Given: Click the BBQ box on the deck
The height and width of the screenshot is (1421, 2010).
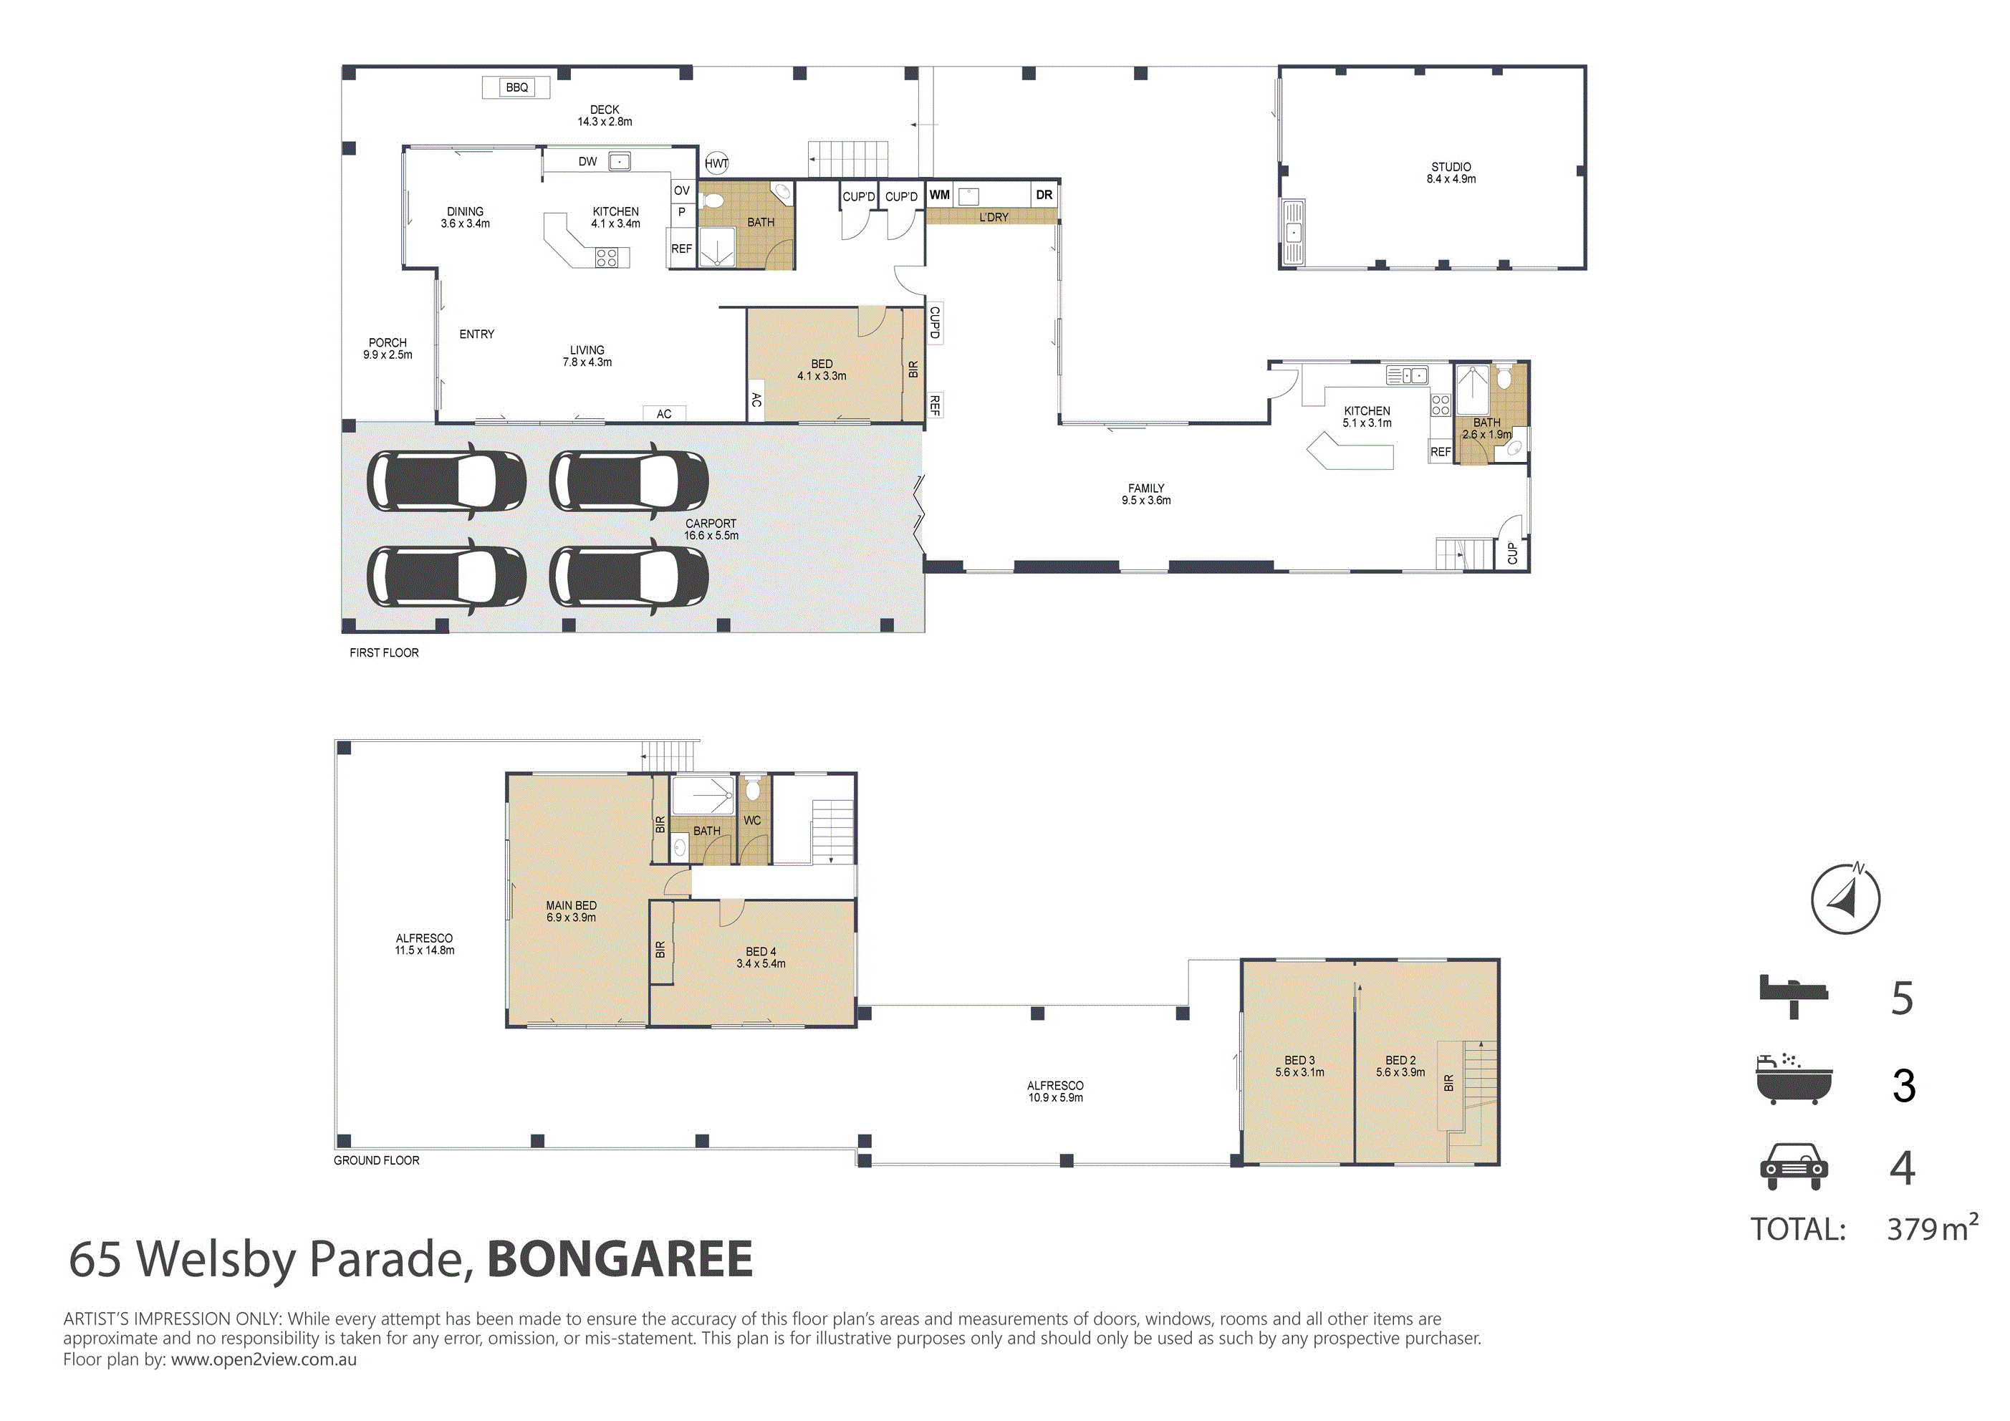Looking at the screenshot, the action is coord(516,87).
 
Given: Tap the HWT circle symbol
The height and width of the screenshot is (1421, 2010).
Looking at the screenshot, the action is coord(716,163).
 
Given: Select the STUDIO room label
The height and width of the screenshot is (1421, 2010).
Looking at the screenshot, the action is coord(1451,166).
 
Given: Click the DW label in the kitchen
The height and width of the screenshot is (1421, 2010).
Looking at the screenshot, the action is coord(587,161).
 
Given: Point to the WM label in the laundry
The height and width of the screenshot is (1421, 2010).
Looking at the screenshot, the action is coord(939,194).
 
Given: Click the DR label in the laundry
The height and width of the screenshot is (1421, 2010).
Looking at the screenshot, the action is coord(1044,194).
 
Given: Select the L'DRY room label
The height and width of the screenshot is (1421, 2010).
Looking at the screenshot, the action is coord(994,217).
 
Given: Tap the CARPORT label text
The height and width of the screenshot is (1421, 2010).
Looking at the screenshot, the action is coord(711,524).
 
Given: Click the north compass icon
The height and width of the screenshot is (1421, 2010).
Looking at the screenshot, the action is coord(1845,898).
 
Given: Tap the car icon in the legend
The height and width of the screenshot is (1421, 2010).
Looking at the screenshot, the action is coord(1794,1166).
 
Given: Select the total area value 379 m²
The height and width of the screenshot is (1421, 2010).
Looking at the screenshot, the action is coord(1932,1228).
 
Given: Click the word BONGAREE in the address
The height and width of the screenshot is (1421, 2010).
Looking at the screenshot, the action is coord(620,1259).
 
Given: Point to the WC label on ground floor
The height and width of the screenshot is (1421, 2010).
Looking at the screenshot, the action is coord(752,820).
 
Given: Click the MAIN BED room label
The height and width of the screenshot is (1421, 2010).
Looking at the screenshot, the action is coord(571,905).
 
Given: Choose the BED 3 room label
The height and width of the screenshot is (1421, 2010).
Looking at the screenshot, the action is coord(1299,1060).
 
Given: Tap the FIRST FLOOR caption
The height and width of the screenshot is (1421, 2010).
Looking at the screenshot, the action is coord(385,653).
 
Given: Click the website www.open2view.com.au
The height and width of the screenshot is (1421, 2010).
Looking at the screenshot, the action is coord(264,1359).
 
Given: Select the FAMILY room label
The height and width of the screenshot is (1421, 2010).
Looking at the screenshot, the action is coord(1146,488).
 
